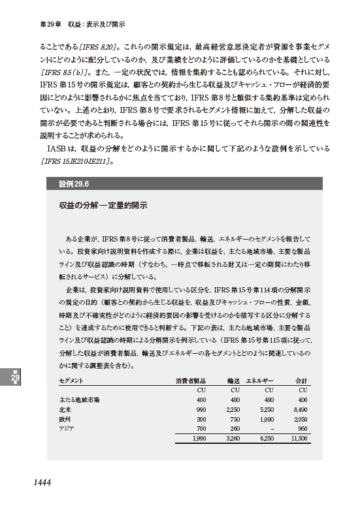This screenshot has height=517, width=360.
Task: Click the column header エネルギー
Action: (x=259, y=380)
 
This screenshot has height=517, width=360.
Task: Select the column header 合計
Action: (x=301, y=380)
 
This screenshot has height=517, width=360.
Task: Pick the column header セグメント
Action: (x=71, y=380)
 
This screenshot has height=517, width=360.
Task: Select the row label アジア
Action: (x=67, y=428)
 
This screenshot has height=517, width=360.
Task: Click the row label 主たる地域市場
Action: (x=78, y=399)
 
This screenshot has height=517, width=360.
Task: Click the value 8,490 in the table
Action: (x=299, y=408)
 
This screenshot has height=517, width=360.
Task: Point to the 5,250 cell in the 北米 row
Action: (x=263, y=408)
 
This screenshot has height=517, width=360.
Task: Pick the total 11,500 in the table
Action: (x=297, y=440)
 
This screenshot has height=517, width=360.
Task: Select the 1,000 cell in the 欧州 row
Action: (x=264, y=418)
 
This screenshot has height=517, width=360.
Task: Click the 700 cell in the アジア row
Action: (x=201, y=428)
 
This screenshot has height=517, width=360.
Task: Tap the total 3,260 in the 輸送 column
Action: (x=232, y=440)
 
